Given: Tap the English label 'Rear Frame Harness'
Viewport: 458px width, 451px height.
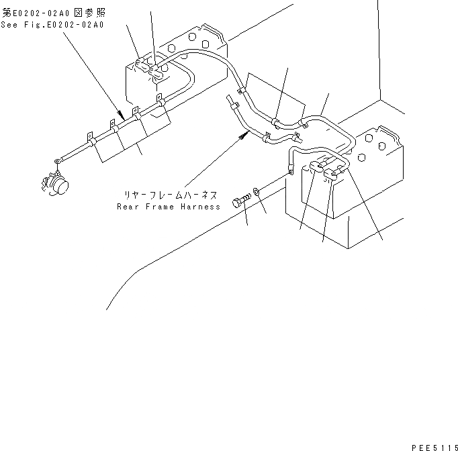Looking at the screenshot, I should pos(169,207).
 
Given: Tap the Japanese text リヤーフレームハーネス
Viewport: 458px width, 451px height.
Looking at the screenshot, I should pos(169,195).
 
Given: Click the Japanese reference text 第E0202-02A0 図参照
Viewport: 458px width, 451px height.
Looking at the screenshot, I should pos(54,12).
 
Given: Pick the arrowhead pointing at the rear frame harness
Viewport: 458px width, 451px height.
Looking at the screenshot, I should pos(239,136).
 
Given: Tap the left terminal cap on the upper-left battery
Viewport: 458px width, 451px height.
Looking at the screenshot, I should pos(141,65).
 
